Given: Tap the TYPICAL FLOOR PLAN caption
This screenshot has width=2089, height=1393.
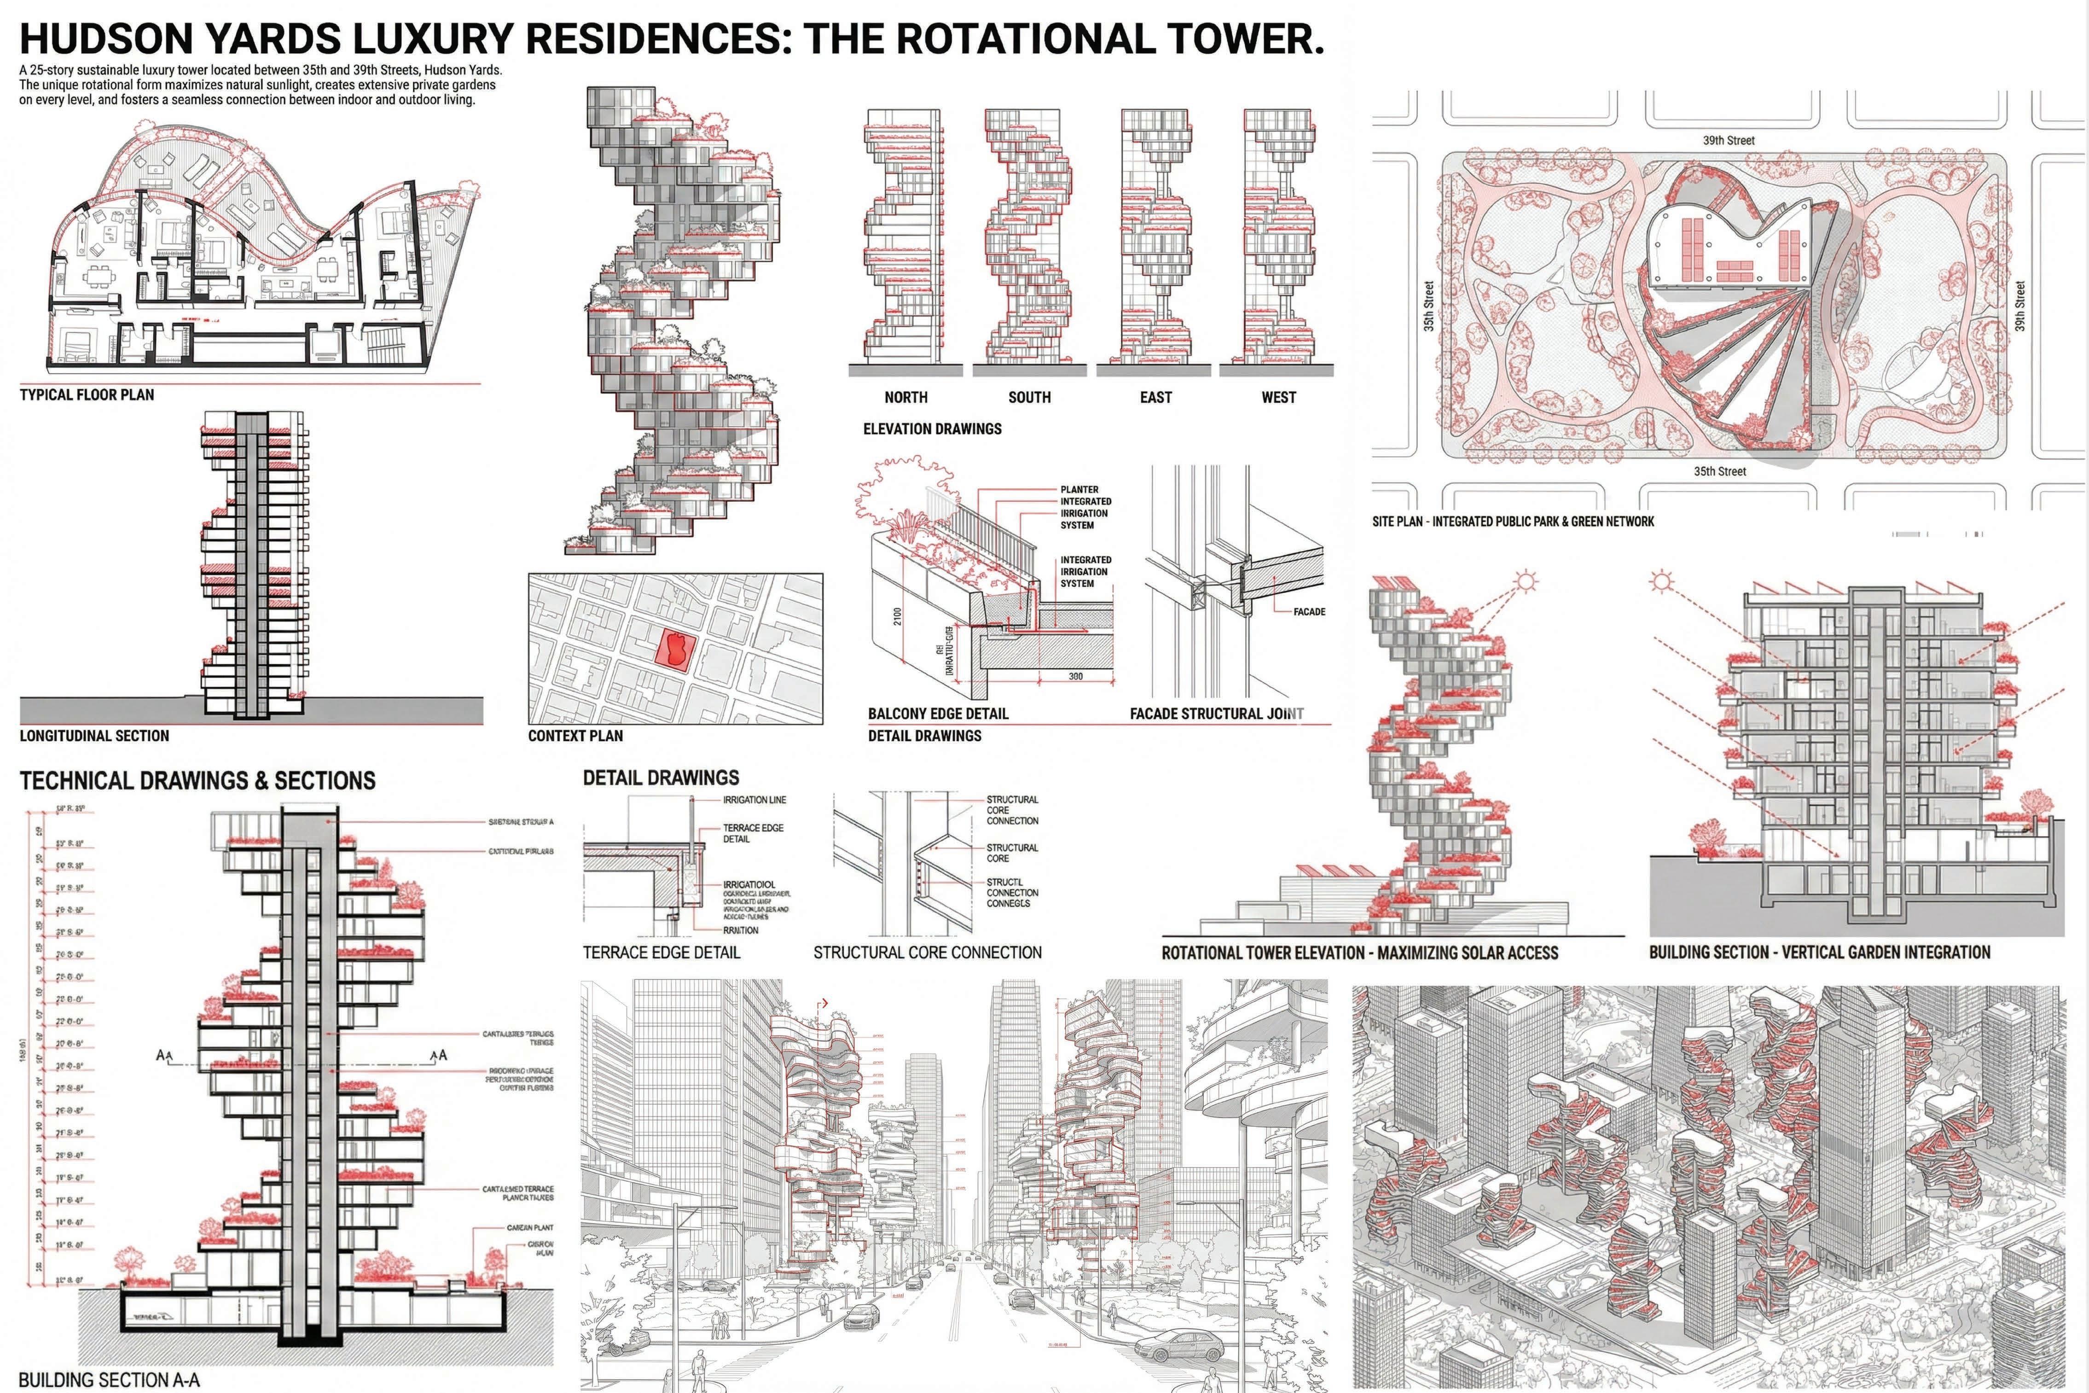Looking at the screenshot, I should click(x=87, y=395).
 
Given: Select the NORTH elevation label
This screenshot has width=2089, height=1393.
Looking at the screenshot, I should click(x=906, y=397).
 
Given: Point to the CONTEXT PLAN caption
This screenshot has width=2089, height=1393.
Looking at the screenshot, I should click(x=575, y=736).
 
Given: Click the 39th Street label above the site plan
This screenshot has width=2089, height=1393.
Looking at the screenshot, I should click(x=1729, y=140).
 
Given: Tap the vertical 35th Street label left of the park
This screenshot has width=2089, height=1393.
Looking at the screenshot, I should click(x=1429, y=307).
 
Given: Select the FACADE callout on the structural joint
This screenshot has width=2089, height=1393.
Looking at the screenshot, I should click(x=1309, y=611).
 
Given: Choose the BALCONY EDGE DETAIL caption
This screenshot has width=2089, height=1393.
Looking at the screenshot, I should click(x=938, y=714).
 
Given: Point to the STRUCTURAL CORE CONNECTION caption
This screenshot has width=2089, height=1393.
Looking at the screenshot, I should click(x=927, y=952).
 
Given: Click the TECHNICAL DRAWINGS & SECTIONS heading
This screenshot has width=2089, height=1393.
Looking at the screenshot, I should click(x=197, y=781).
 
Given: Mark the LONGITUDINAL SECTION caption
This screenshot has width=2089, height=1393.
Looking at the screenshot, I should click(x=94, y=736).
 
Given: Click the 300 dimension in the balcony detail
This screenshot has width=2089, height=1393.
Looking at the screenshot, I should click(x=1076, y=676).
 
